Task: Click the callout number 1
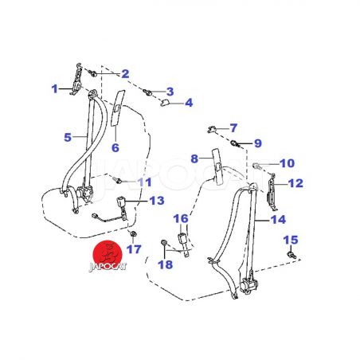pos(54,89)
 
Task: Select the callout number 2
pos(125,74)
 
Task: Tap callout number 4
pos(189,103)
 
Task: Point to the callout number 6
pos(115,147)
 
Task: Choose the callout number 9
pos(258,143)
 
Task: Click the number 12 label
pos(295,183)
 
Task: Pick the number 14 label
pos(278,220)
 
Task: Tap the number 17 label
pos(134,249)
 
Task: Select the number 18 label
pos(165,264)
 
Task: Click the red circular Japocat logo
pos(108,253)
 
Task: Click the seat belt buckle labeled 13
pos(121,202)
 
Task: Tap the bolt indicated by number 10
pos(257,166)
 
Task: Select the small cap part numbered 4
pos(166,103)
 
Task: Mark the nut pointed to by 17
pos(133,234)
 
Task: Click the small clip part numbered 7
pos(212,129)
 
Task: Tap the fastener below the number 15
pos(292,255)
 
